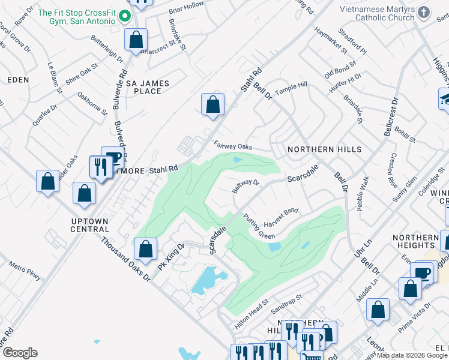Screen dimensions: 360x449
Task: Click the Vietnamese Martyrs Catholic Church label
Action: coord(376,13)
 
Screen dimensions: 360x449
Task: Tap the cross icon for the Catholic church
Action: coord(424,13)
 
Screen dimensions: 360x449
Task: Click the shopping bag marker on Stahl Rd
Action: coord(212,104)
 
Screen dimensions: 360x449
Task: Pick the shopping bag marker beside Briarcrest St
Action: coord(136,40)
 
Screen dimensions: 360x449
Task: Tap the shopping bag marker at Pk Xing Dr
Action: coord(145,248)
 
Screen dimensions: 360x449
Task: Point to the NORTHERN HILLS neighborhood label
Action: coord(324,149)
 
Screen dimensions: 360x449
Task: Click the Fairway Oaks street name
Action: coord(232,146)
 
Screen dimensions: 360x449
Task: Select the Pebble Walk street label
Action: coord(364,193)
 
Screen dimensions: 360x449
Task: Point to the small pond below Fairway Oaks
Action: coord(237,160)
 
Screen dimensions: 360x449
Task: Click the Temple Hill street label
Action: coord(291,88)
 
